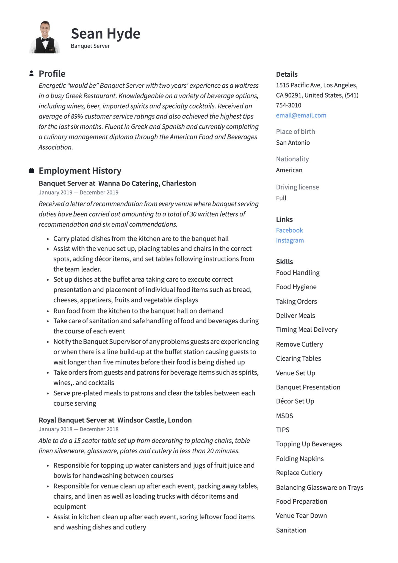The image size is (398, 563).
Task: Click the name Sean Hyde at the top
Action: [106, 34]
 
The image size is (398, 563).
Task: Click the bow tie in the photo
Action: [45, 40]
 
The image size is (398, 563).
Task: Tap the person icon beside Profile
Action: [32, 73]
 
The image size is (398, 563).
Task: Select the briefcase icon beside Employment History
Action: [32, 171]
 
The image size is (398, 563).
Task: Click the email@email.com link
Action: [301, 115]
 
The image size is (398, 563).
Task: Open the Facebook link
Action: [289, 230]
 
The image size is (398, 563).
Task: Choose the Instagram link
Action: [290, 241]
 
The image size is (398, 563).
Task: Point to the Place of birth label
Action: [295, 132]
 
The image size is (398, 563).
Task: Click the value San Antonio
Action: [293, 143]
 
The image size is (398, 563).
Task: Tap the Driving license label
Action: [297, 187]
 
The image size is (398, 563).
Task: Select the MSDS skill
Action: [284, 416]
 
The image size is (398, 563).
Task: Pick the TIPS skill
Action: [283, 430]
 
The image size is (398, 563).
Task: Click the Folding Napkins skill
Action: [300, 459]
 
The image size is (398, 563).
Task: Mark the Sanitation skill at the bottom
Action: [291, 530]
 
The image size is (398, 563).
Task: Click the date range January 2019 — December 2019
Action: [78, 193]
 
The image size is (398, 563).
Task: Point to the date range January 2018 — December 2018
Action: [78, 429]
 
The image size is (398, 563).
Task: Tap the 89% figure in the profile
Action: [77, 117]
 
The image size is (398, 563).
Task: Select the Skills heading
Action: [284, 262]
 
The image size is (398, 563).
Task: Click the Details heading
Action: [287, 74]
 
